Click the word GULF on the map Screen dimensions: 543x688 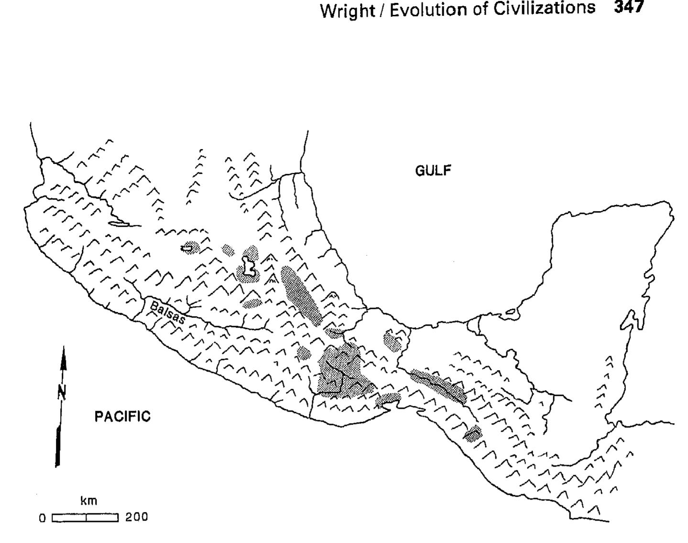pos(433,170)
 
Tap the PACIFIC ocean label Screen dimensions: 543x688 pos(122,416)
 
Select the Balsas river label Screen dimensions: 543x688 pos(167,313)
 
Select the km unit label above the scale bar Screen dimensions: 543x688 pos(89,500)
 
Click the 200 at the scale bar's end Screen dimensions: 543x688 pos(136,517)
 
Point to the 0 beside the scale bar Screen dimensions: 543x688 pos(42,517)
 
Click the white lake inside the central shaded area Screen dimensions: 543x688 pos(248,266)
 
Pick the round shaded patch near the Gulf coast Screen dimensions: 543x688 pos(393,340)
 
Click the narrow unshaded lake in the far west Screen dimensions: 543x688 pos(123,224)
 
